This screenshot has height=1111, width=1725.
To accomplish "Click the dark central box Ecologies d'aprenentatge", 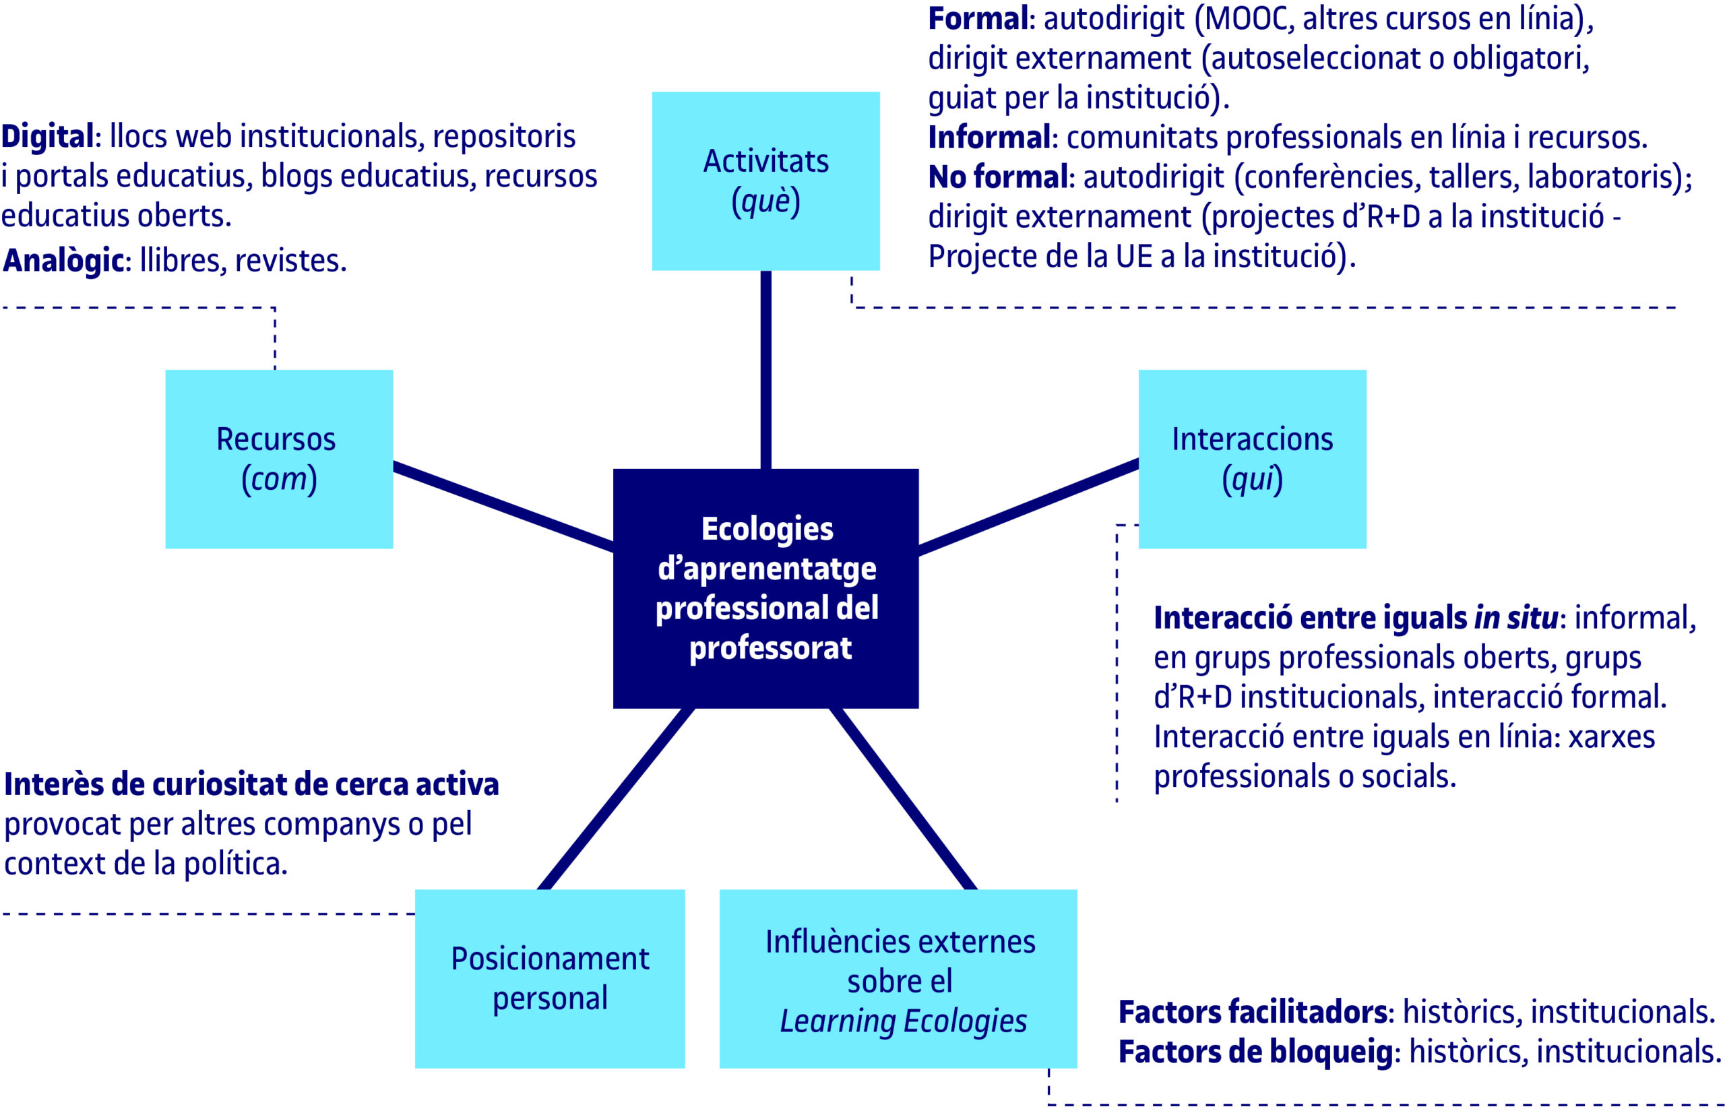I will tap(765, 588).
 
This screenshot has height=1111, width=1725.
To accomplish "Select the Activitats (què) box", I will tap(765, 181).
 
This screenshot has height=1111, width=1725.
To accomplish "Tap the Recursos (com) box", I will tap(278, 459).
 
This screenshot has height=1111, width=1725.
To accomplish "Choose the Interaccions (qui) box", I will tap(1252, 459).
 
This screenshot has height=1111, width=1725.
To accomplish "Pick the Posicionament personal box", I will tap(549, 978).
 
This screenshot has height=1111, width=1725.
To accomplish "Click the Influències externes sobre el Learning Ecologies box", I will tap(898, 978).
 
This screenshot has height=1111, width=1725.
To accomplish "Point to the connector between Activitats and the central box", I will tap(765, 369).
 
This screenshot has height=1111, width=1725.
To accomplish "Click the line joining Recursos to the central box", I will tap(503, 507).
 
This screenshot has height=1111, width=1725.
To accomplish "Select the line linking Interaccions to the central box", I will tap(1028, 507).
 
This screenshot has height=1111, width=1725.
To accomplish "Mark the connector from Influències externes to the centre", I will tap(902, 798).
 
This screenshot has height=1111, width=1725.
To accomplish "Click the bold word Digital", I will tap(48, 136).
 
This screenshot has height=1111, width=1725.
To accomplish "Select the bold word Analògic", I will tap(63, 261).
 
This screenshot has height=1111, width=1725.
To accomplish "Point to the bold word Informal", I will tap(989, 137).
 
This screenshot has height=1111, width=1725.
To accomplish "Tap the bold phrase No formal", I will tap(998, 177).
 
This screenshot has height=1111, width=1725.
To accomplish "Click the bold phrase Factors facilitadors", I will tap(1253, 1012).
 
